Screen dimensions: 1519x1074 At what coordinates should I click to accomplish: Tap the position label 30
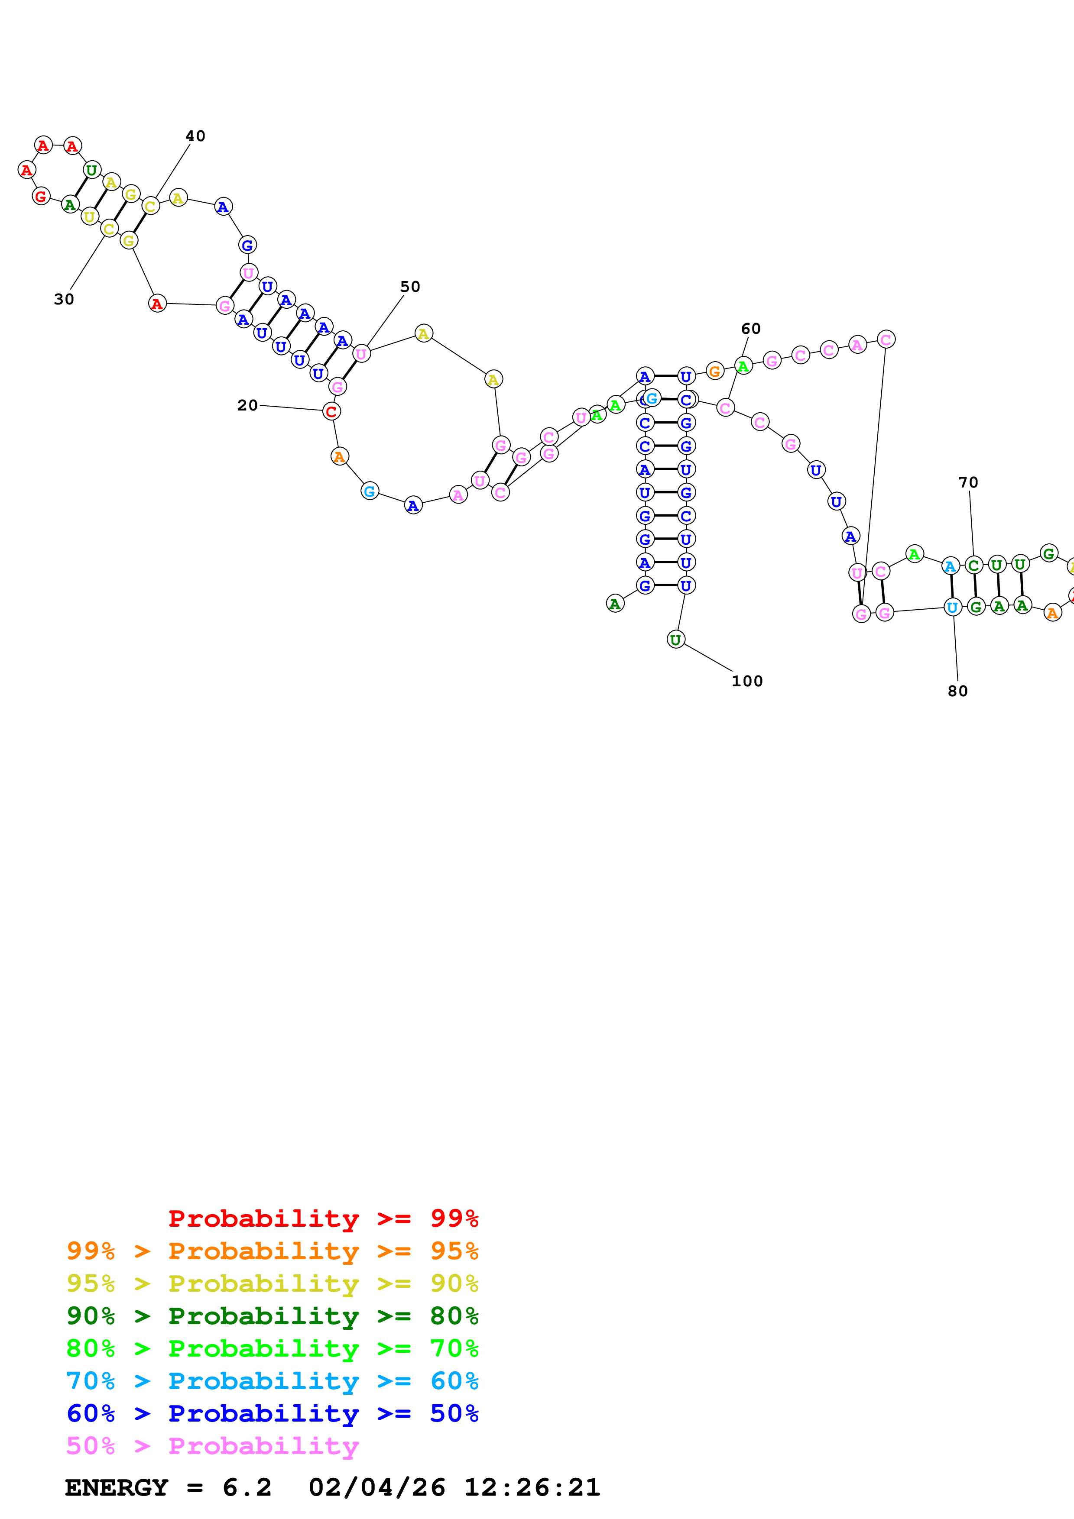point(64,299)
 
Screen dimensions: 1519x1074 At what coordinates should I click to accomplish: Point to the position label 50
point(410,287)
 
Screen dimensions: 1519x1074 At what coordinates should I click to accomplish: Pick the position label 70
point(968,482)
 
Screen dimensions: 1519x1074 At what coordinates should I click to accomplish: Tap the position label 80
point(957,691)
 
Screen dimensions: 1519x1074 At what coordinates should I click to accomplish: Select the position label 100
point(747,681)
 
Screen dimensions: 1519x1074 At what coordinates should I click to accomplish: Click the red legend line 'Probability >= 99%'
point(323,1218)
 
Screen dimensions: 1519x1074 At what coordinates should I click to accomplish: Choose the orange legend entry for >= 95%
point(272,1251)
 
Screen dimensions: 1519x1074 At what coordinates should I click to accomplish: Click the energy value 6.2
point(247,1487)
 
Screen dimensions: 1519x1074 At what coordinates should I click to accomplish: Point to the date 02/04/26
point(376,1487)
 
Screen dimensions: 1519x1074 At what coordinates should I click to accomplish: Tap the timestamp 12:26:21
point(532,1487)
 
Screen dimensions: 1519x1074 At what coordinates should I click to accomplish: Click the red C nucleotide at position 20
point(331,411)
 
